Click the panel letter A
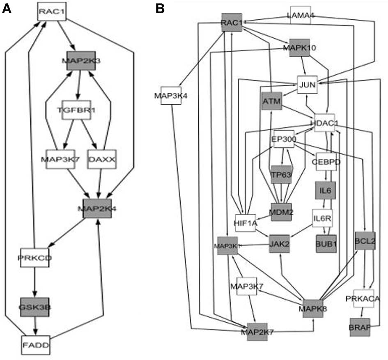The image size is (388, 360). point(7,9)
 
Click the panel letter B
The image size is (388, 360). point(160,9)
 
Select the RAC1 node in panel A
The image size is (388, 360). point(52,11)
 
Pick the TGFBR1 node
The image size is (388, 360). point(76,110)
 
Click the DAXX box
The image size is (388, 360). point(102,159)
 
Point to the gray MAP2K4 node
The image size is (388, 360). point(97,208)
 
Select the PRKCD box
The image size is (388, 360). point(35,258)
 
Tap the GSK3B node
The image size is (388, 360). point(35,307)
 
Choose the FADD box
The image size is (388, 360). point(35,345)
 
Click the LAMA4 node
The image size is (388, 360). point(301,16)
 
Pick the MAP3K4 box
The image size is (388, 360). point(170,96)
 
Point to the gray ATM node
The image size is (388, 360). point(271,101)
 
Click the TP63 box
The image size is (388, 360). point(281,175)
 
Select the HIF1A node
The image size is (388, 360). point(245,223)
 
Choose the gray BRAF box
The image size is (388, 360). point(360,327)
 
